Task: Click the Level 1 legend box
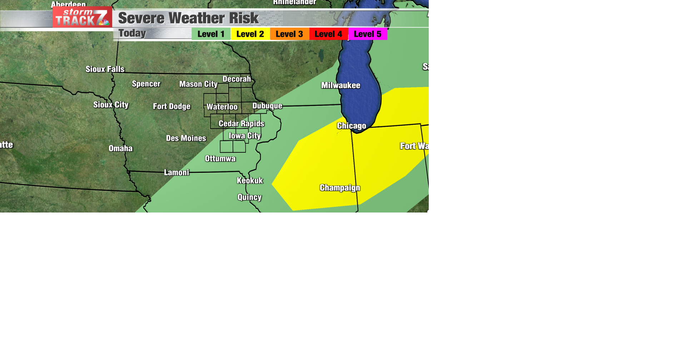click(211, 34)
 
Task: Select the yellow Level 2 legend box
click(250, 34)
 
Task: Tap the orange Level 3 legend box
click(289, 34)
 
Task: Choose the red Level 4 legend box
click(328, 34)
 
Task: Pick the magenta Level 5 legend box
click(368, 34)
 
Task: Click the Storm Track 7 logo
click(82, 17)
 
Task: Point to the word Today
click(132, 33)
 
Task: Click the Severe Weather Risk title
click(188, 18)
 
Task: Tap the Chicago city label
click(352, 126)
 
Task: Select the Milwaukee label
click(340, 85)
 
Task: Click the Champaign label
click(340, 188)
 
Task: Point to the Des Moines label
click(186, 138)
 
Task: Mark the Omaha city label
click(120, 148)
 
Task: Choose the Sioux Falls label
click(105, 69)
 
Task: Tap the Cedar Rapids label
click(242, 124)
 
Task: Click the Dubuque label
click(267, 106)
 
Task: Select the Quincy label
click(249, 197)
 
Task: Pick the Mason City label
click(198, 84)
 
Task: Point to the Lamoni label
click(177, 172)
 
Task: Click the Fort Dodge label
click(171, 106)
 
